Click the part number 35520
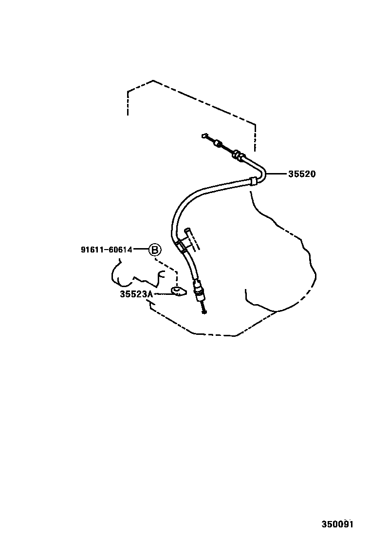point(302,174)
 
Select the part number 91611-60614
point(107,250)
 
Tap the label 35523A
point(136,294)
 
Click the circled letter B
point(155,249)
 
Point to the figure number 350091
point(337,524)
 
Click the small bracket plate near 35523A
point(179,291)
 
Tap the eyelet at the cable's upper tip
point(203,135)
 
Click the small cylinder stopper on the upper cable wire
point(218,143)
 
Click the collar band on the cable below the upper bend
point(253,181)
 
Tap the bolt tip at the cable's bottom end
point(204,312)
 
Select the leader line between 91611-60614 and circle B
point(141,249)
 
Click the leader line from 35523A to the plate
point(162,294)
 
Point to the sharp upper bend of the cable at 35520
point(263,172)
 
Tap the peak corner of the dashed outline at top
point(153,81)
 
